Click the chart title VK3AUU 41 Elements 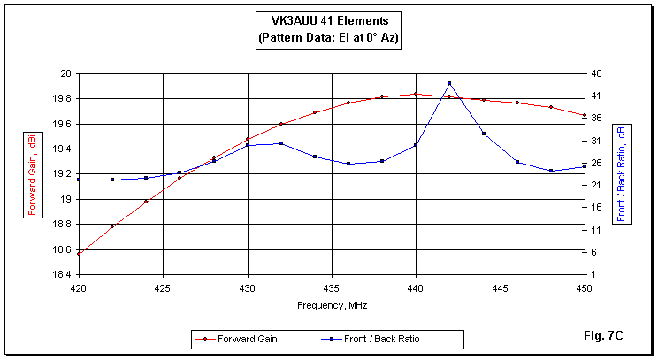click(x=328, y=20)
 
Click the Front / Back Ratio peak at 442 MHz click(x=449, y=83)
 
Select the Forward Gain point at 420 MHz click(x=79, y=254)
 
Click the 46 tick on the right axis click(x=598, y=73)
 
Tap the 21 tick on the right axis click(x=598, y=185)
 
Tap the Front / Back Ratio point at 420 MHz click(x=79, y=180)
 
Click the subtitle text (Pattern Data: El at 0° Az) click(x=328, y=38)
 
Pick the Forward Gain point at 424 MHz click(x=146, y=202)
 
